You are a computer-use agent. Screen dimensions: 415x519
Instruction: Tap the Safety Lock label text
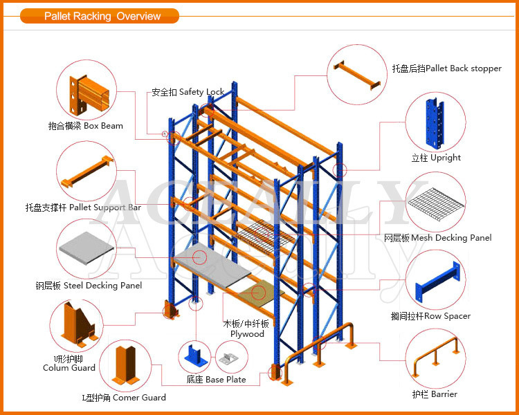188,92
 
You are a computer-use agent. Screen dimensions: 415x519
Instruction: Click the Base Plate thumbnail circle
205,358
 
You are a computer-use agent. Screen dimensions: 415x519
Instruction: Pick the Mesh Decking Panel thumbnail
435,202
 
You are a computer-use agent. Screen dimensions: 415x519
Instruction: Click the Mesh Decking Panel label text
437,238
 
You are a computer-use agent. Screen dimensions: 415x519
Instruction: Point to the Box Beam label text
86,126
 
